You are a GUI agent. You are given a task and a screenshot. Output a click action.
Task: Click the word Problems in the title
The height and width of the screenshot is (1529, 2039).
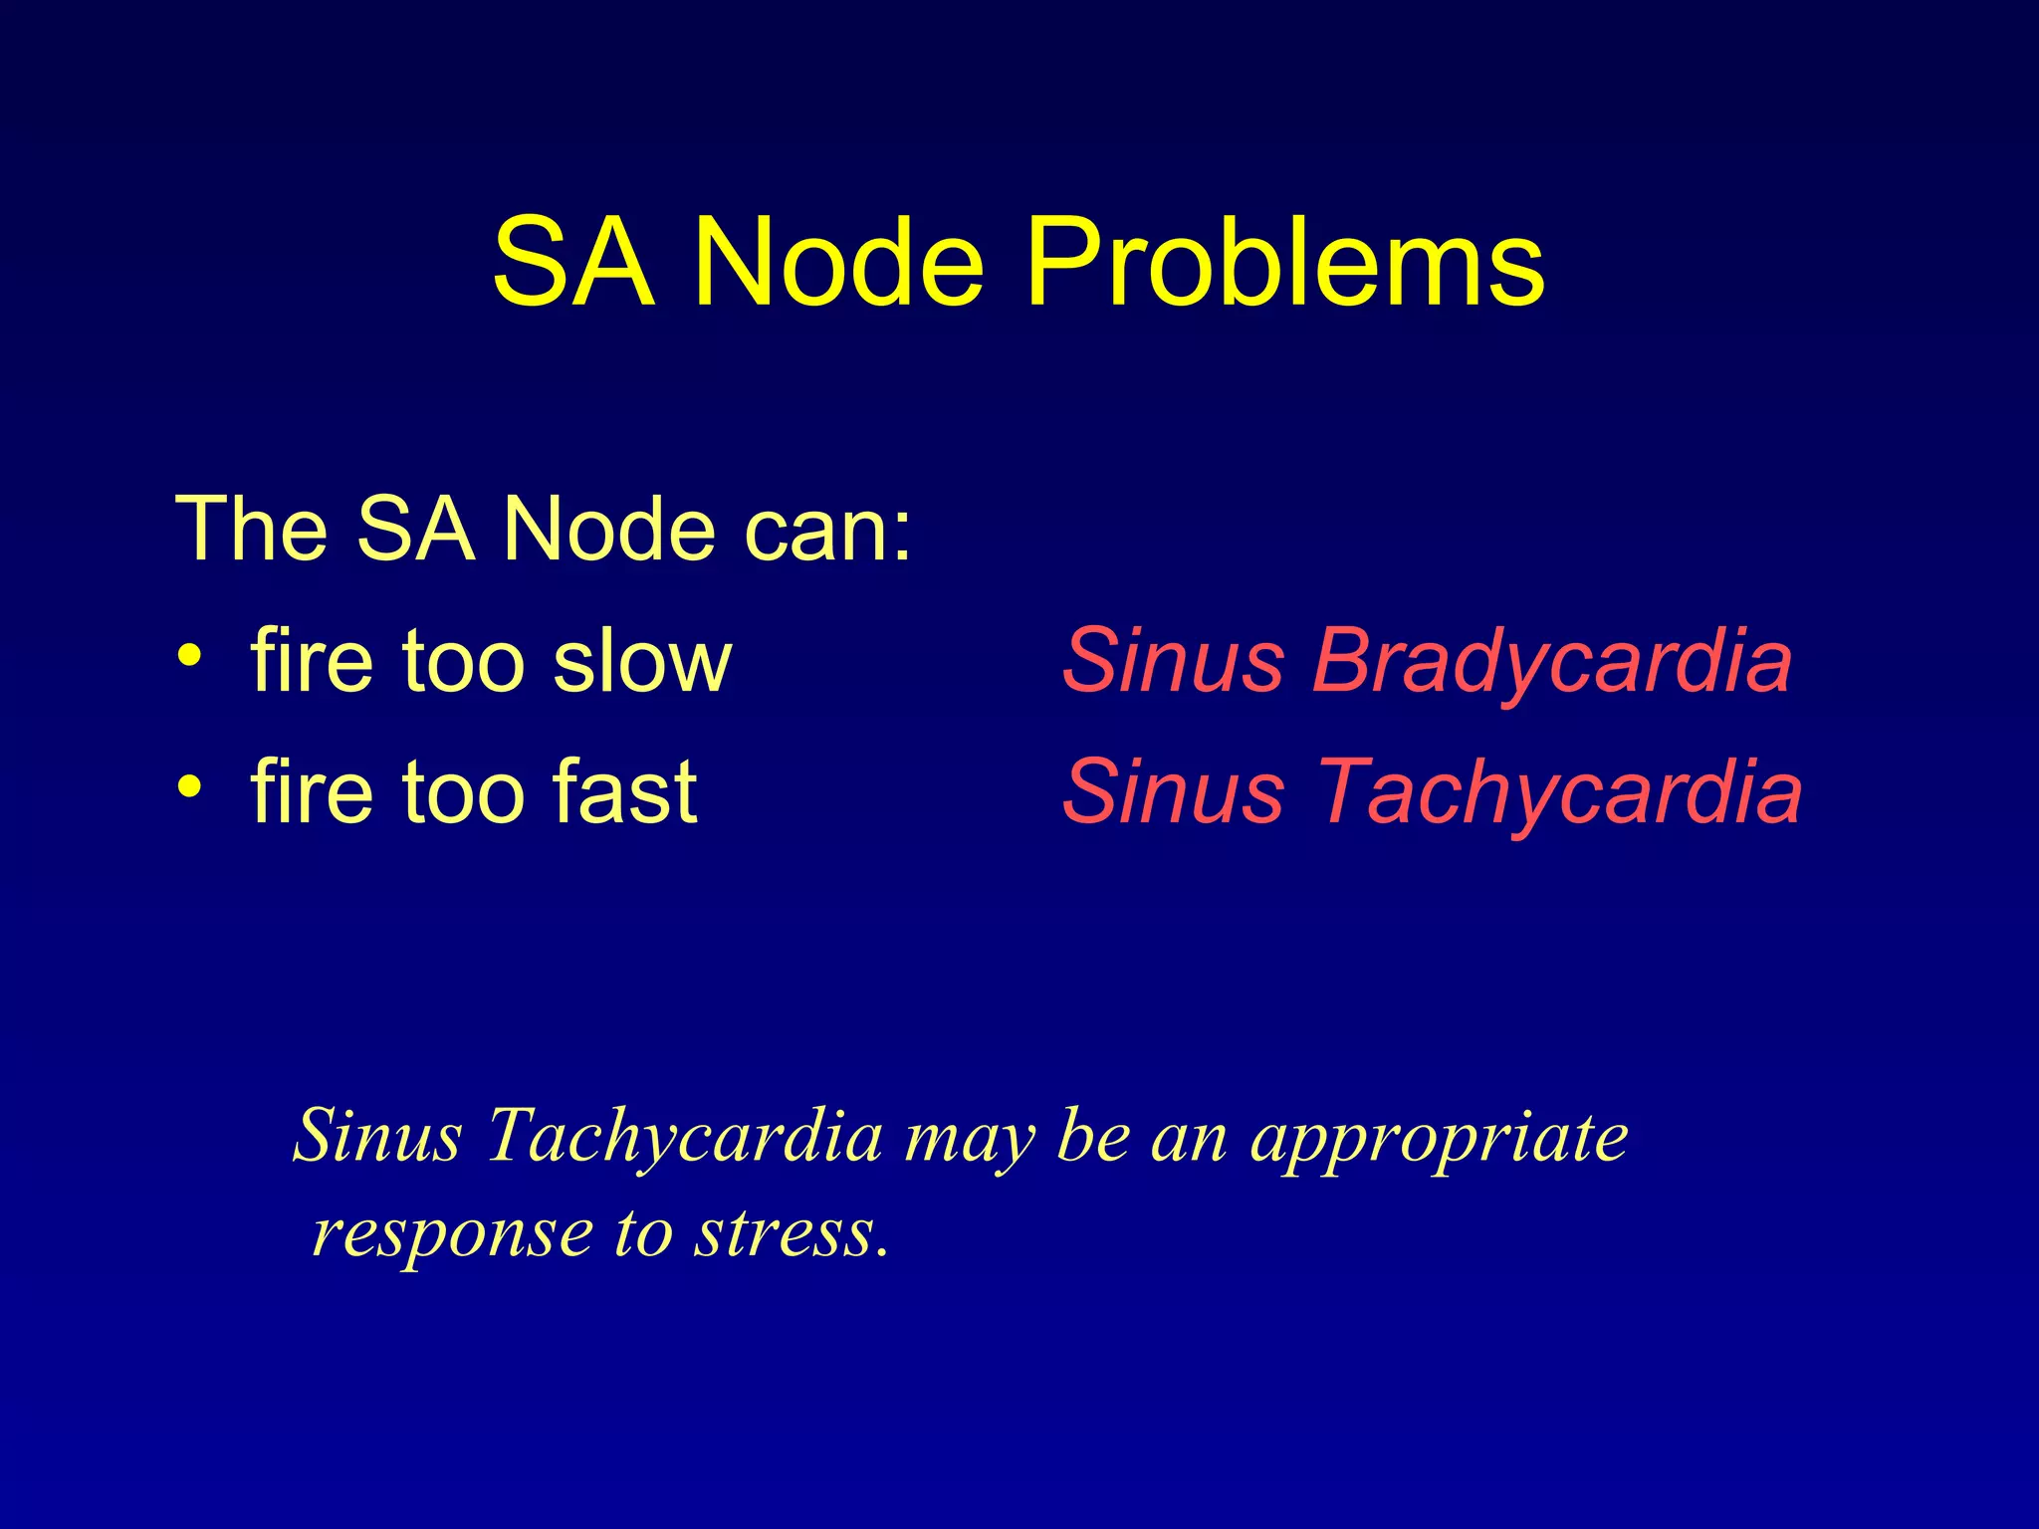click(1284, 263)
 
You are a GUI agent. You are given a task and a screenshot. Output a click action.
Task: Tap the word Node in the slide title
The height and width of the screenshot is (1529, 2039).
click(838, 263)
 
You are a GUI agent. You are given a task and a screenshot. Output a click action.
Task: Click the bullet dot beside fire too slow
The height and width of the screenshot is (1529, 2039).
click(189, 656)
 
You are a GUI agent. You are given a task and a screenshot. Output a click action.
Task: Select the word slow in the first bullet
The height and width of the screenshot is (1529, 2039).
click(642, 661)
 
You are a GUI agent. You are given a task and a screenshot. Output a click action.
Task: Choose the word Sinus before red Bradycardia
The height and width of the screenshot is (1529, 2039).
click(1173, 661)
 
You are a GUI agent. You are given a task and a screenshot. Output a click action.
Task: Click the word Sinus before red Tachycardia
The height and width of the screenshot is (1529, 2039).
click(1173, 792)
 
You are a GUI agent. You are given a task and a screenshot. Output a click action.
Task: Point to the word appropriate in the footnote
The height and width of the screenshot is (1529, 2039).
click(1439, 1137)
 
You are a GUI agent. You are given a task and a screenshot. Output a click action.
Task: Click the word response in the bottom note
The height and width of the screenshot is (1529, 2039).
click(453, 1234)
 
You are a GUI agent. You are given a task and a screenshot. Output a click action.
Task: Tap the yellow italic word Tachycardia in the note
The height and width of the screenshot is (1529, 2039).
click(685, 1137)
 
